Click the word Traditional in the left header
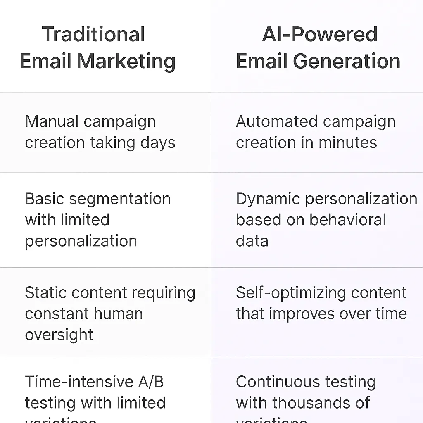pos(93,34)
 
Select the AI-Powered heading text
pos(320,34)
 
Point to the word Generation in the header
pos(347,61)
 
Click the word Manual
pos(52,122)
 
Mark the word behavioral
pos(347,220)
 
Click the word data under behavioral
pos(252,241)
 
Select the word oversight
pos(59,335)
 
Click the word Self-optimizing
pos(282,293)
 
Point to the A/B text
pos(151,382)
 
